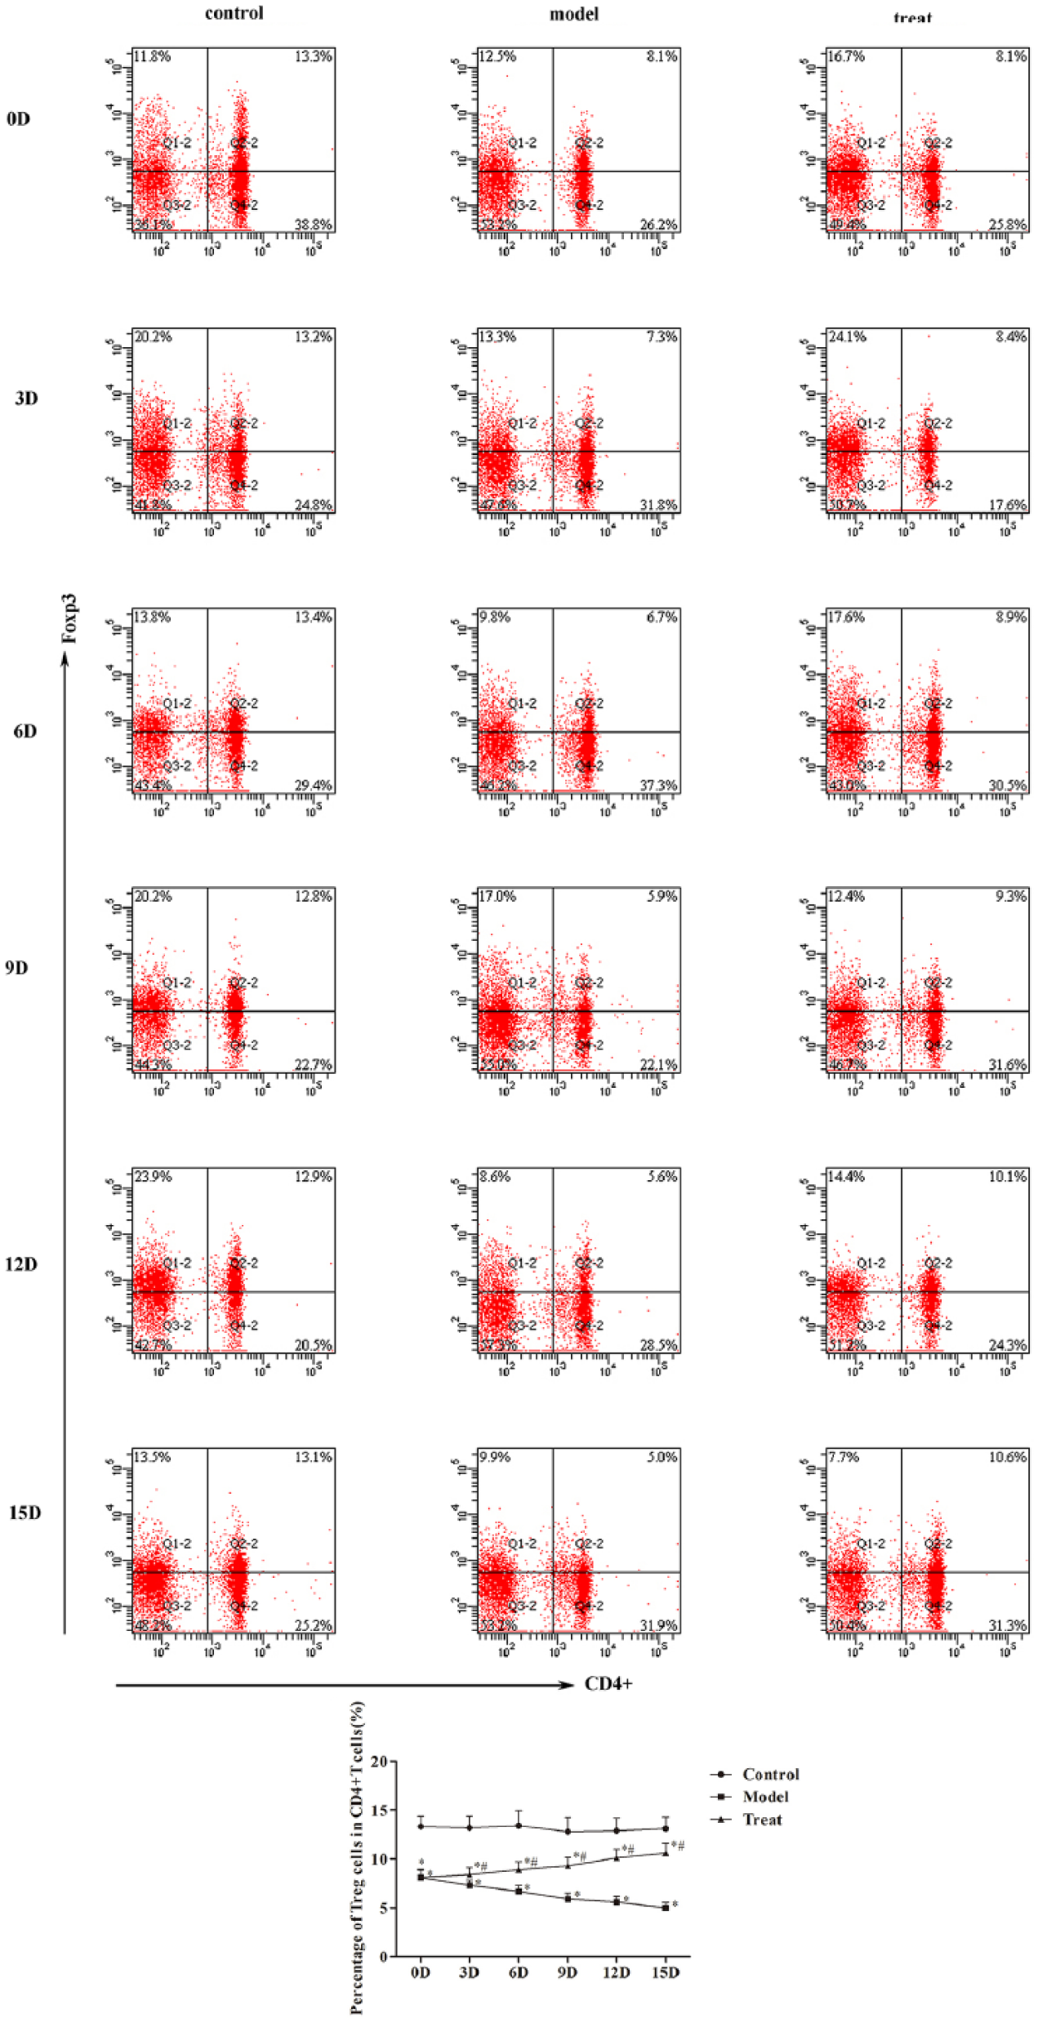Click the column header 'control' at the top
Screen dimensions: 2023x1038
click(x=234, y=13)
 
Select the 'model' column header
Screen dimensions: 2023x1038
click(x=574, y=14)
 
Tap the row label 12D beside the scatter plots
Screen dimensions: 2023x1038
click(x=21, y=1264)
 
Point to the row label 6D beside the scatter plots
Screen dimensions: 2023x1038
click(x=25, y=731)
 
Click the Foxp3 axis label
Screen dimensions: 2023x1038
click(x=70, y=618)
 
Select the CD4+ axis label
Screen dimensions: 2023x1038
click(x=608, y=1684)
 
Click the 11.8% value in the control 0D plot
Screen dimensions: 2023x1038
click(x=153, y=56)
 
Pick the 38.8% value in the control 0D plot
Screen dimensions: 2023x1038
click(x=313, y=225)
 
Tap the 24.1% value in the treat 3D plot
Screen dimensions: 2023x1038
click(x=847, y=336)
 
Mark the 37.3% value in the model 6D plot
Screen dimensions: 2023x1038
click(x=658, y=786)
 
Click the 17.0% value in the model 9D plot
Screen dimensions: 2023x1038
click(x=497, y=896)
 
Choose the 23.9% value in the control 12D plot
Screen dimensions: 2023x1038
click(x=153, y=1176)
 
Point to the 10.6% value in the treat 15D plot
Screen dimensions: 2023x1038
click(x=1008, y=1457)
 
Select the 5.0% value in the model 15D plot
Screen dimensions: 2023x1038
click(x=662, y=1457)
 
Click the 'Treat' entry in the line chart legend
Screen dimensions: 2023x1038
click(x=762, y=1820)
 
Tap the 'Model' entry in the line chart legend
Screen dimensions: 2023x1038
click(x=765, y=1797)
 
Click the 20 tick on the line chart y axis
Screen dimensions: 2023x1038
click(x=379, y=1762)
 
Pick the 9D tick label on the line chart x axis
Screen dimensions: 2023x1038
click(x=568, y=1973)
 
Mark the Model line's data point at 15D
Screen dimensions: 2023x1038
click(x=666, y=1908)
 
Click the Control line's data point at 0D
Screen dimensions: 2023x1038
click(x=421, y=1826)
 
